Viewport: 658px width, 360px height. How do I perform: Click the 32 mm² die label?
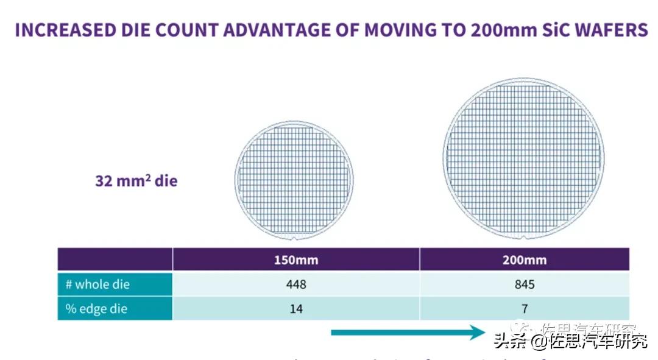[136, 181]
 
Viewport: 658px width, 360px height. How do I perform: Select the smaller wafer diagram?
[294, 180]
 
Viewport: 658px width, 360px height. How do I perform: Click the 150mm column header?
[295, 260]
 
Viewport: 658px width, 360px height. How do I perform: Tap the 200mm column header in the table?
[525, 260]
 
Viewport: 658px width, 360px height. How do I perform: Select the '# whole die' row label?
[97, 284]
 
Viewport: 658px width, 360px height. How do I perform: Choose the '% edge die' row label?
[96, 309]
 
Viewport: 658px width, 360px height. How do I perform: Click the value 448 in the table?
[295, 284]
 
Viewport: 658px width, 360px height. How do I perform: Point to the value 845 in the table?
[525, 284]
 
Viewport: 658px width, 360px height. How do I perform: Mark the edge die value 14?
[295, 309]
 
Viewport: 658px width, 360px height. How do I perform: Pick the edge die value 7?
[525, 309]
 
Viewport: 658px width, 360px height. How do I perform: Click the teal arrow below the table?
[408, 333]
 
